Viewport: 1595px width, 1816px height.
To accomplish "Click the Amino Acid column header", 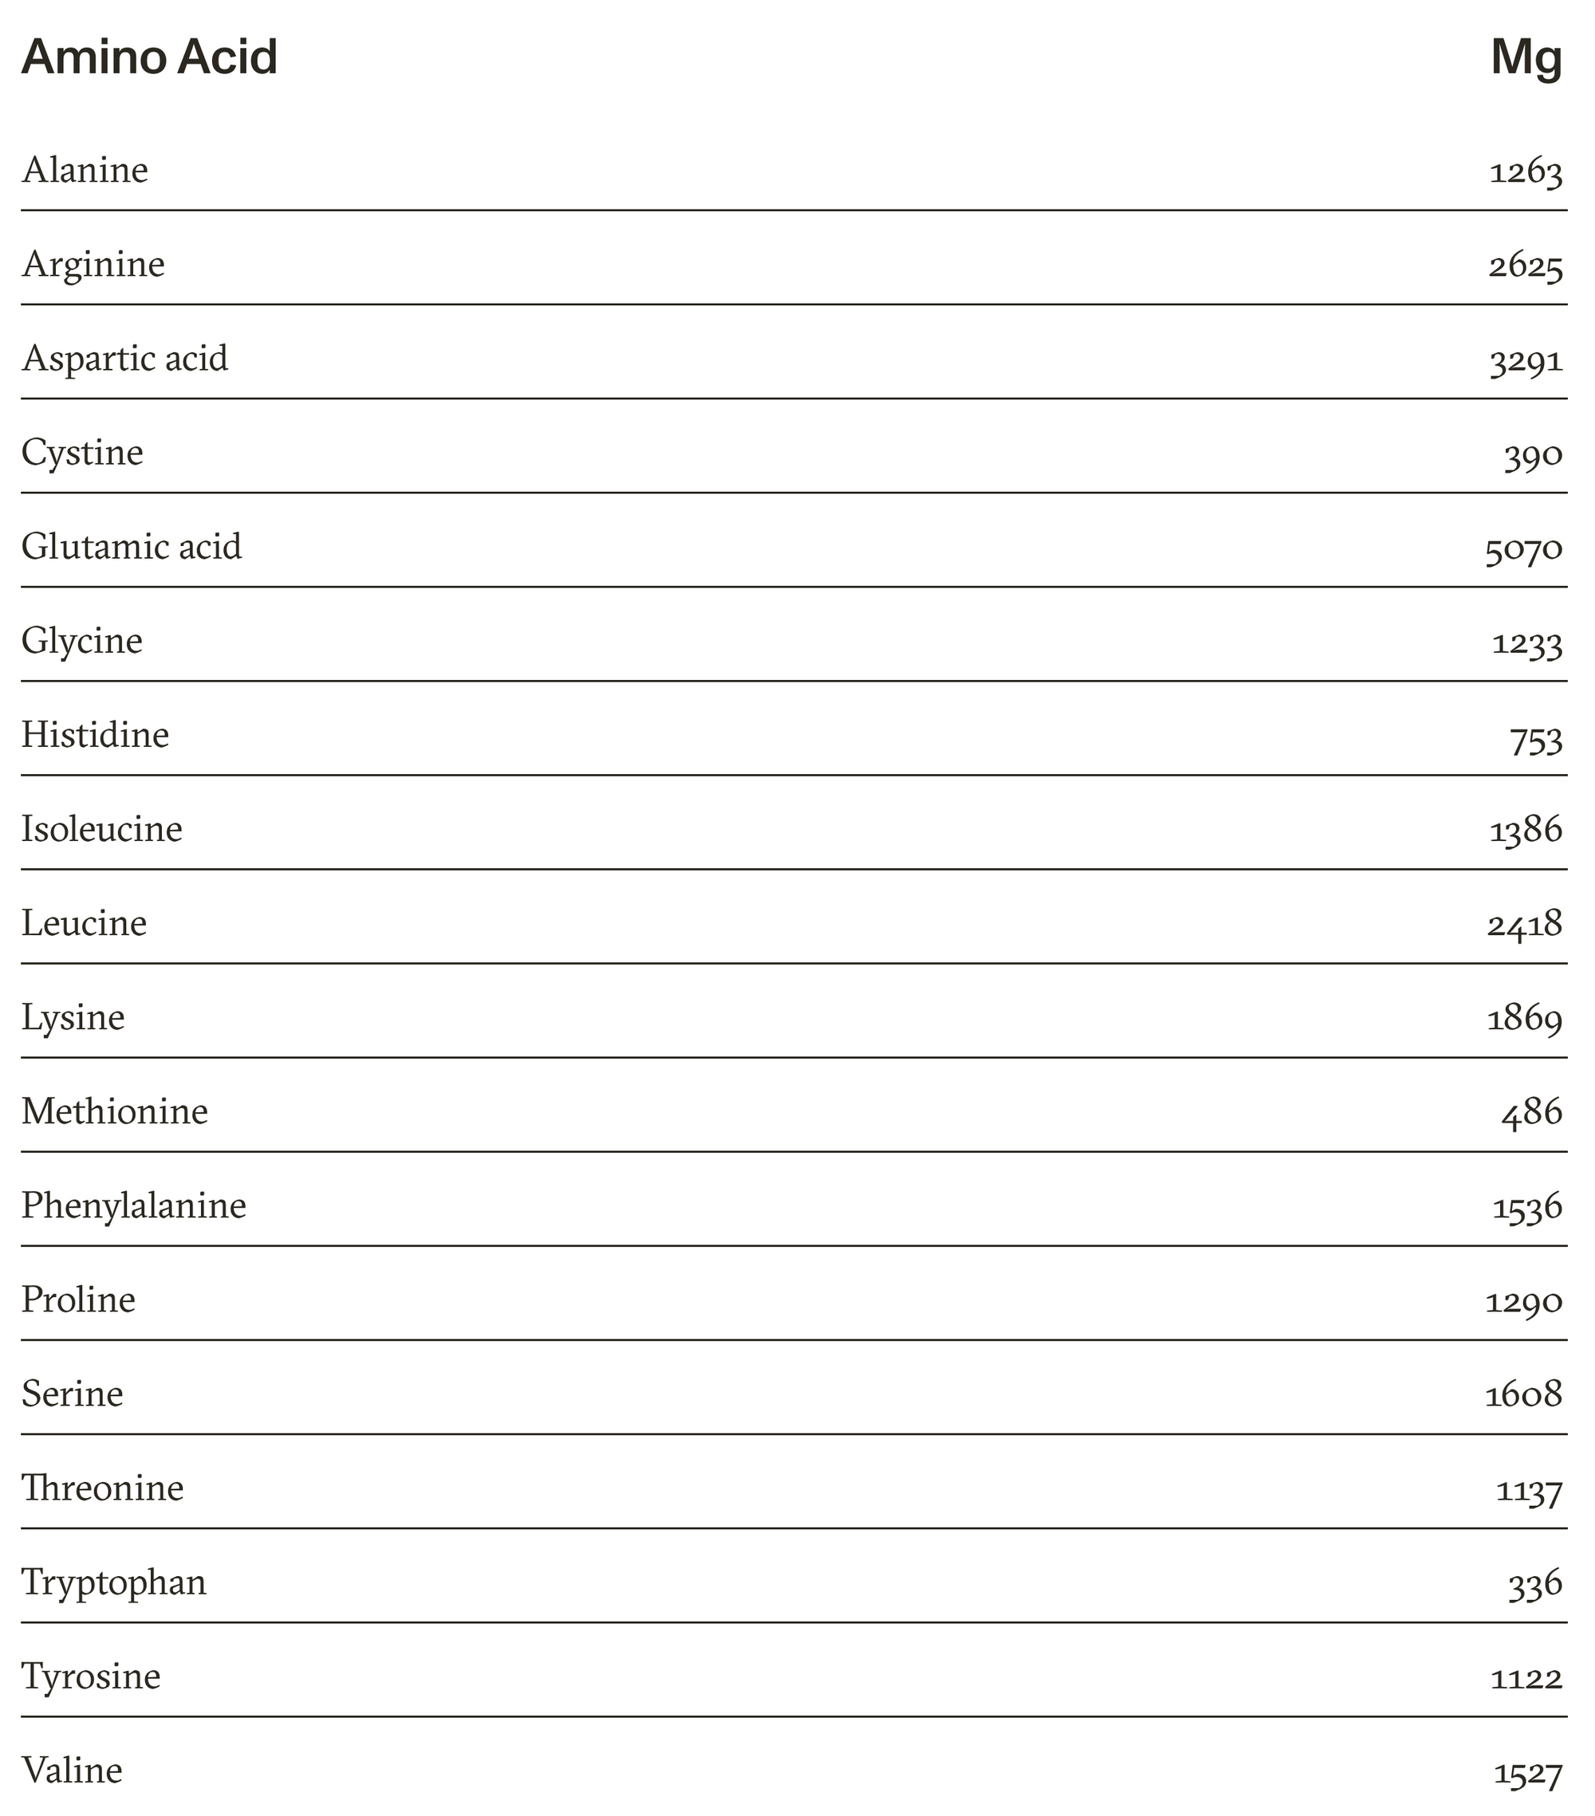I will tap(149, 57).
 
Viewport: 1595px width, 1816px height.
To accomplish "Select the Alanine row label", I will tap(85, 170).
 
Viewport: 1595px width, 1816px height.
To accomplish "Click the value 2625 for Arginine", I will tap(1525, 265).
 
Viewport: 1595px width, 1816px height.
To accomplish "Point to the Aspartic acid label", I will tap(125, 358).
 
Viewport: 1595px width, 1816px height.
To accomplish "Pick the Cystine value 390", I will tap(1533, 454).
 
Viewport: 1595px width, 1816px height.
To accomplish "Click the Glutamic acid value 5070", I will tap(1523, 548).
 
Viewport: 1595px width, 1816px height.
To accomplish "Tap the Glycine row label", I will tap(82, 642).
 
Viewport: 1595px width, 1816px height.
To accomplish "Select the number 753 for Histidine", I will tap(1535, 737).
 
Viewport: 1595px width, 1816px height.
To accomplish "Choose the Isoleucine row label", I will tap(102, 829).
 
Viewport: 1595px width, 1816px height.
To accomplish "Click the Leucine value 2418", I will tap(1525, 924).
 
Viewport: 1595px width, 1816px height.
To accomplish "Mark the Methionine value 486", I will tap(1531, 1112).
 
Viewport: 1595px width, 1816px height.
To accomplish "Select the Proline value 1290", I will tap(1524, 1302).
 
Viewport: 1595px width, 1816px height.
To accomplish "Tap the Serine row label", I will tap(72, 1393).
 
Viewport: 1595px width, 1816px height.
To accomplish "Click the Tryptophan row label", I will tap(114, 1582).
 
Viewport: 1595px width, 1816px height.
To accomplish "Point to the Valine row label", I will tap(72, 1770).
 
